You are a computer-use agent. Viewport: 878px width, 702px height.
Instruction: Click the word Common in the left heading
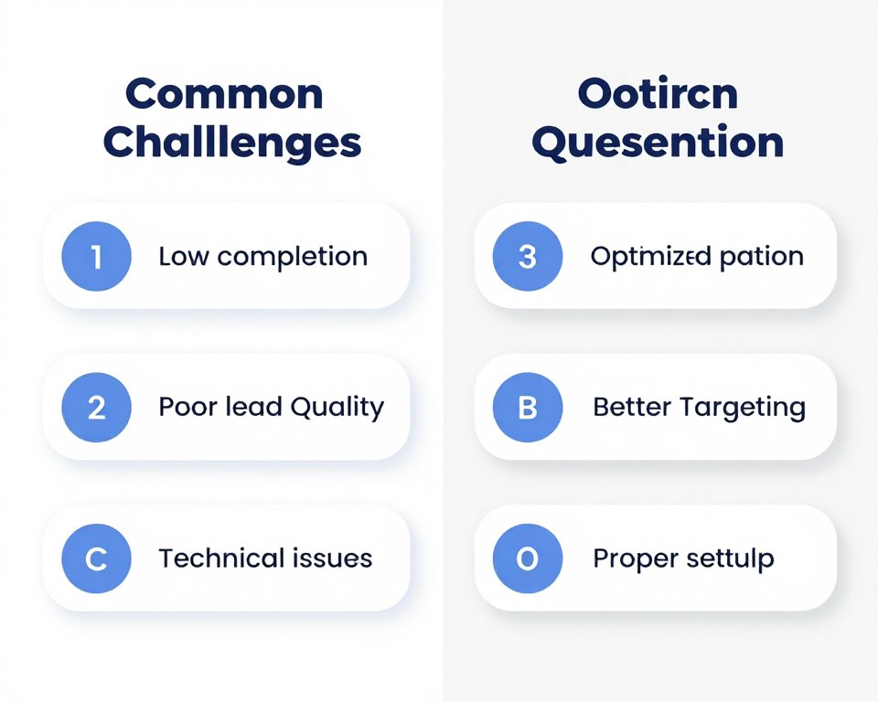pos(224,95)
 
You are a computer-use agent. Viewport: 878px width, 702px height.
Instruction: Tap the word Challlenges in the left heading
pos(232,144)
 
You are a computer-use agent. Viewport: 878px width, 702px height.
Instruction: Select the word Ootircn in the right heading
pos(658,95)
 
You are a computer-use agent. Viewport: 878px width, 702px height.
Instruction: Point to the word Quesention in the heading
pos(658,144)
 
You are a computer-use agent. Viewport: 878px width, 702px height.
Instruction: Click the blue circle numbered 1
pos(97,257)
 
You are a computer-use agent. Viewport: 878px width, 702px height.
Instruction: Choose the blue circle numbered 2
pos(97,408)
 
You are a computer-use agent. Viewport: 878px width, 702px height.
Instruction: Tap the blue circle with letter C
pos(97,558)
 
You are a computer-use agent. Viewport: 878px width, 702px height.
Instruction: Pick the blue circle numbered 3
pos(527,257)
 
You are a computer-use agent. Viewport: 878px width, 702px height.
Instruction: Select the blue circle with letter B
pos(527,408)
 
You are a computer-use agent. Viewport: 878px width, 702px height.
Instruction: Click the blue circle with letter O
pos(527,558)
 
